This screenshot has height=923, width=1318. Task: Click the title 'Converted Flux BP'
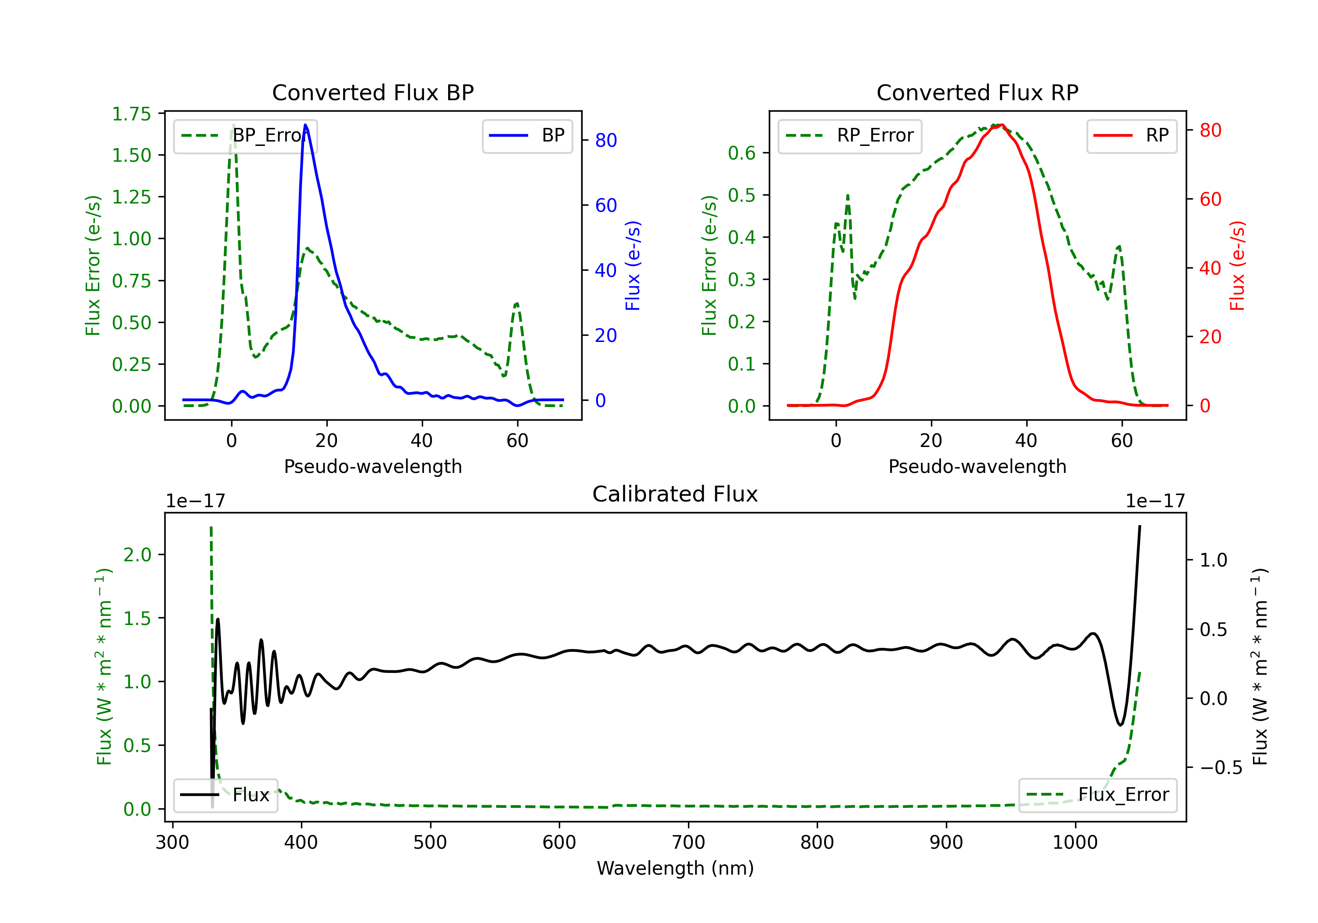[x=373, y=92]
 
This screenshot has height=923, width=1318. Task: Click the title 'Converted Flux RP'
[x=977, y=92]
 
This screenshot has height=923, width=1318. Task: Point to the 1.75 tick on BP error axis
[x=131, y=114]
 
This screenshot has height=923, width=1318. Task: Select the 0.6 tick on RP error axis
[x=741, y=153]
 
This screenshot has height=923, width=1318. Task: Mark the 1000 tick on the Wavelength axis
[x=1075, y=842]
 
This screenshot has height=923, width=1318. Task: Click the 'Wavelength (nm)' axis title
[x=675, y=868]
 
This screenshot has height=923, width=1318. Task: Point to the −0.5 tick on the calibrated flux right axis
[x=1220, y=767]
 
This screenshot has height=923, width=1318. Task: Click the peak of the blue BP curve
[x=305, y=125]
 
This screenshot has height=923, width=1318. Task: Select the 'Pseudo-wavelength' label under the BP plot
[x=373, y=466]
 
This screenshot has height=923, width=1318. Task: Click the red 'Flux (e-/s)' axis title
[x=1237, y=265]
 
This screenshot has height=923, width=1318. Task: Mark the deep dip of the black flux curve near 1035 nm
[x=1120, y=725]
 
